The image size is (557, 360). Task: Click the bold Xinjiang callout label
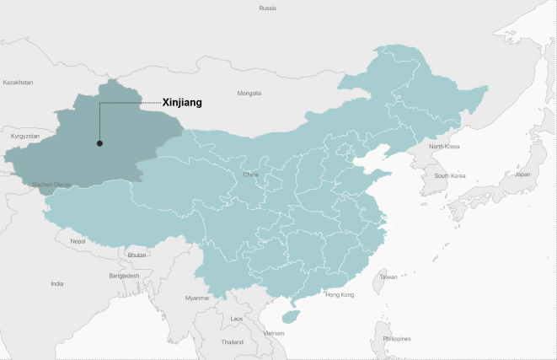[182, 103]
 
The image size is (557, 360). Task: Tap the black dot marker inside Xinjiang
[99, 143]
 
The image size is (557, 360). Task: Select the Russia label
[267, 8]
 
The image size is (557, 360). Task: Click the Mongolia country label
[249, 93]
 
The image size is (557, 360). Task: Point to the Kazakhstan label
[18, 83]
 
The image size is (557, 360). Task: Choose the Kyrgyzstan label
[24, 135]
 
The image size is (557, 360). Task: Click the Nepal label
[78, 241]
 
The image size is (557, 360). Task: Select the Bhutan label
[137, 255]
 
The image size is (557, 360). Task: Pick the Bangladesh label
[123, 276]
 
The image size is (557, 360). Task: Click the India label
[56, 284]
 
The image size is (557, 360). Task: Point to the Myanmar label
[196, 298]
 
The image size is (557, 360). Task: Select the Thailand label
[233, 342]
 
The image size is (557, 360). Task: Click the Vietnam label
[274, 333]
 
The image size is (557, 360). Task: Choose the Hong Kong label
[340, 295]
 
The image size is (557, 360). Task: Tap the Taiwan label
[388, 277]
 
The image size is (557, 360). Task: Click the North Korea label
[446, 147]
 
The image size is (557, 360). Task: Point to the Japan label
[522, 174]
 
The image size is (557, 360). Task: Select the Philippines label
[396, 339]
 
